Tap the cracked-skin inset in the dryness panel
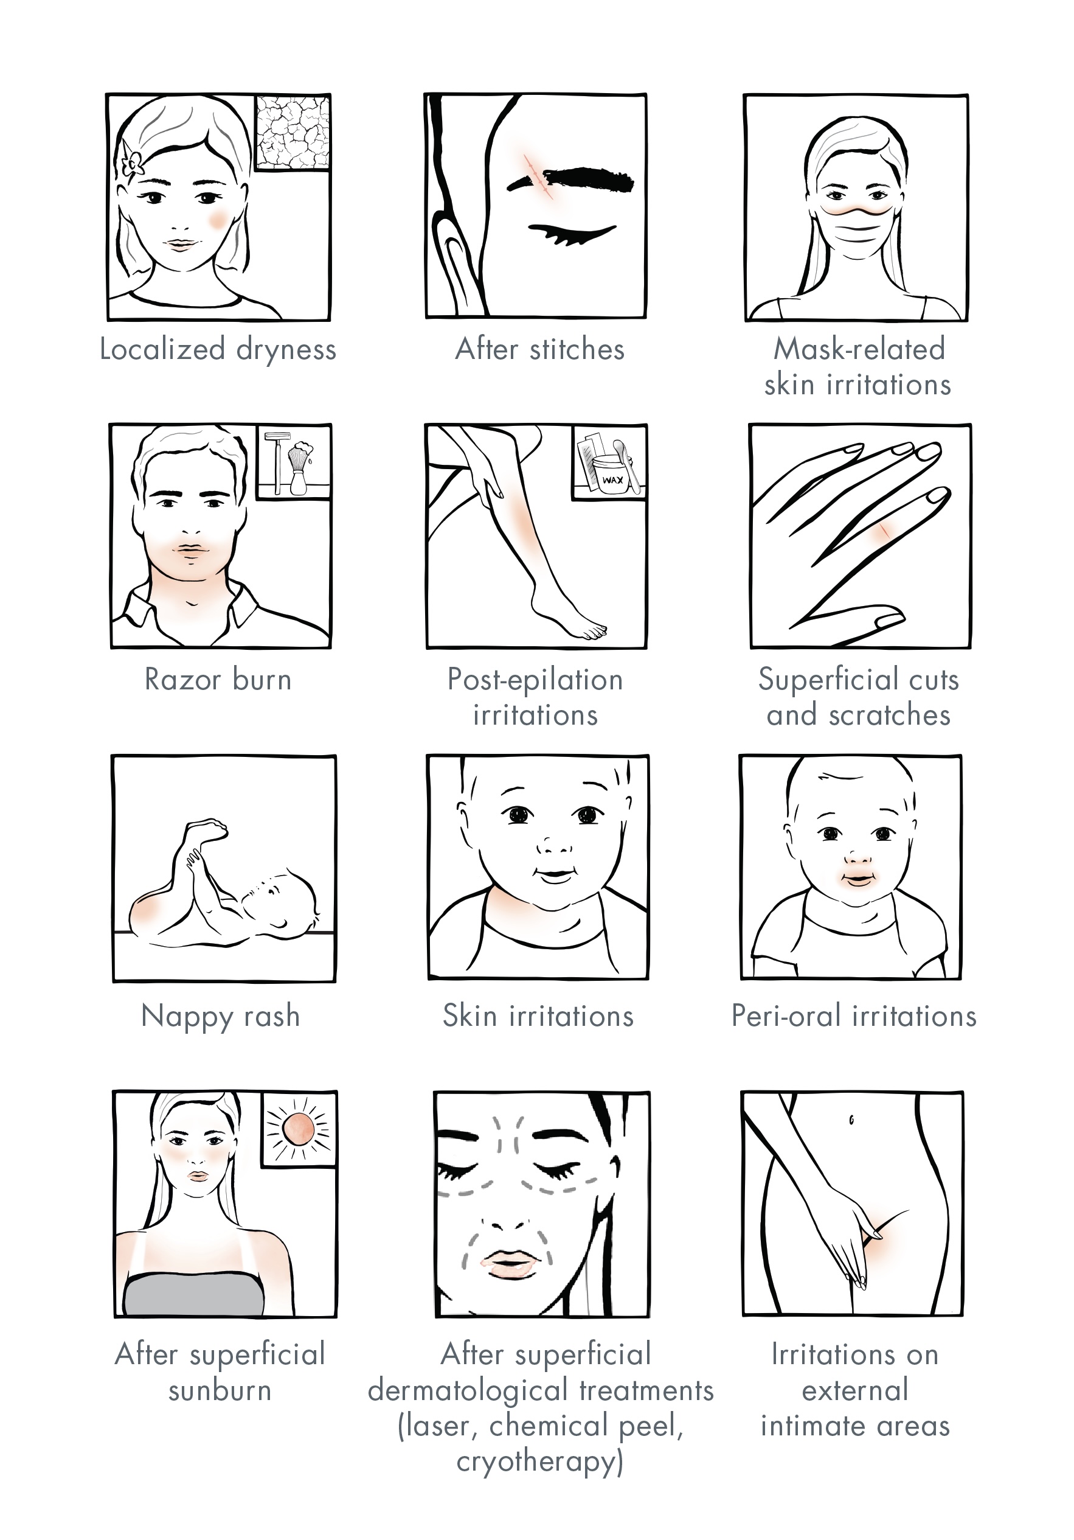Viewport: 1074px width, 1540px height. click(293, 132)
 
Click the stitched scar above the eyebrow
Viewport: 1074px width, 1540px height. click(538, 176)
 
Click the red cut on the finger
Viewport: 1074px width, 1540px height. click(885, 530)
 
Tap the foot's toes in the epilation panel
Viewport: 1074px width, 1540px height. click(594, 631)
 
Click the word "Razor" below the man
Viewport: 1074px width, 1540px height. click(182, 680)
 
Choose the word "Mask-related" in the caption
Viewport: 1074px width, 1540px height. click(859, 349)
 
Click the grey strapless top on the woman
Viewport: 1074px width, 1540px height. click(194, 1295)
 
